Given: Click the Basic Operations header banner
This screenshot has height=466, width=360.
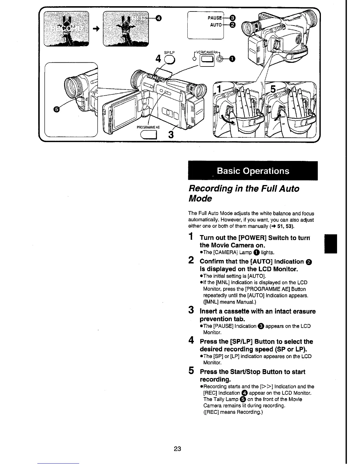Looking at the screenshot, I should (x=253, y=171).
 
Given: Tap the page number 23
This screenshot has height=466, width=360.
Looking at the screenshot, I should (x=177, y=449).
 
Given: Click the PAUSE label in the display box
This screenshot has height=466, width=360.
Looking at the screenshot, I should (x=215, y=18).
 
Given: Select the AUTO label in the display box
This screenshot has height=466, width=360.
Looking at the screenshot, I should (x=216, y=25).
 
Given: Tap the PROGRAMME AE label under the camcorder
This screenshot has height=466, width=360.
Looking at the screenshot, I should (x=148, y=127).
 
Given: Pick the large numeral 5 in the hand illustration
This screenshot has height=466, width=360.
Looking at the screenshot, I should (x=273, y=89).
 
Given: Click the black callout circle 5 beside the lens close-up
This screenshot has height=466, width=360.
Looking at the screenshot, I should (x=56, y=109).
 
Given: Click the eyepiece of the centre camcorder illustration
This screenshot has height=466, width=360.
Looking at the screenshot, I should (x=200, y=90).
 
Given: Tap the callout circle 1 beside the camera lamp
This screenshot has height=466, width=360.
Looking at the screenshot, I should (x=232, y=59).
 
